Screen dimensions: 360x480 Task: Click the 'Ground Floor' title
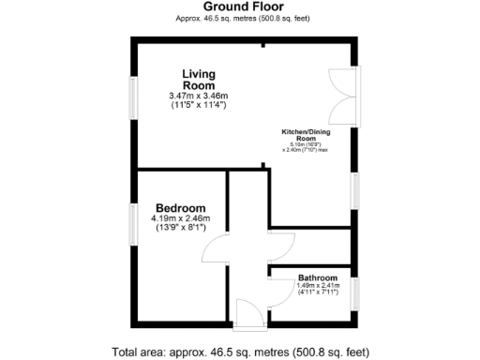tap(239, 7)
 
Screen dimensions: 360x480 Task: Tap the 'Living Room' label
tap(199, 80)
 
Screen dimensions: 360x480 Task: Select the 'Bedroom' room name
tap(181, 208)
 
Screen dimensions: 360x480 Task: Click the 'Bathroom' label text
tap(317, 278)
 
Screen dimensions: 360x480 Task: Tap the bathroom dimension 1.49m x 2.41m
tap(317, 286)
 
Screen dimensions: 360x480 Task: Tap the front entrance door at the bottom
tap(248, 315)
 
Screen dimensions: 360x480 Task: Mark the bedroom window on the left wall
tap(133, 226)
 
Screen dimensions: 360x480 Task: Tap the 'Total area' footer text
tap(239, 352)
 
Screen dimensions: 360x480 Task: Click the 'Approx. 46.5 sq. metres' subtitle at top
tap(239, 19)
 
